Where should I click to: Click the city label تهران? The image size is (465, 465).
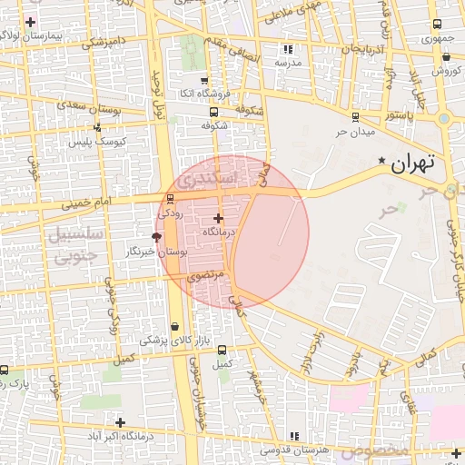pos(413,164)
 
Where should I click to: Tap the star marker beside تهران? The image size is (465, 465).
pos(381,162)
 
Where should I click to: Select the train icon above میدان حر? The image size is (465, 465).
pos(354,116)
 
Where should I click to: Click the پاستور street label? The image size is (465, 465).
pos(397,116)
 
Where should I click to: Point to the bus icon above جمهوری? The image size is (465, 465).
pos(437,25)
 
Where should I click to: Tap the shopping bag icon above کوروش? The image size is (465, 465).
pos(445,56)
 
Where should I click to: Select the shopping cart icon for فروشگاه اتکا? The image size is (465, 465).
pos(203,80)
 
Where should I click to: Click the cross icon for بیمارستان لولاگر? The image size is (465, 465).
pos(32,21)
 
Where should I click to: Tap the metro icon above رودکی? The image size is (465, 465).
pos(170,200)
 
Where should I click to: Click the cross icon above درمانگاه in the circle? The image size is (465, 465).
pos(217,218)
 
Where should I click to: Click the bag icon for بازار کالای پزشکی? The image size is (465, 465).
pos(174,326)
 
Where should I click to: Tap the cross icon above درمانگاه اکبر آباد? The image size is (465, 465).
pos(120,421)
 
